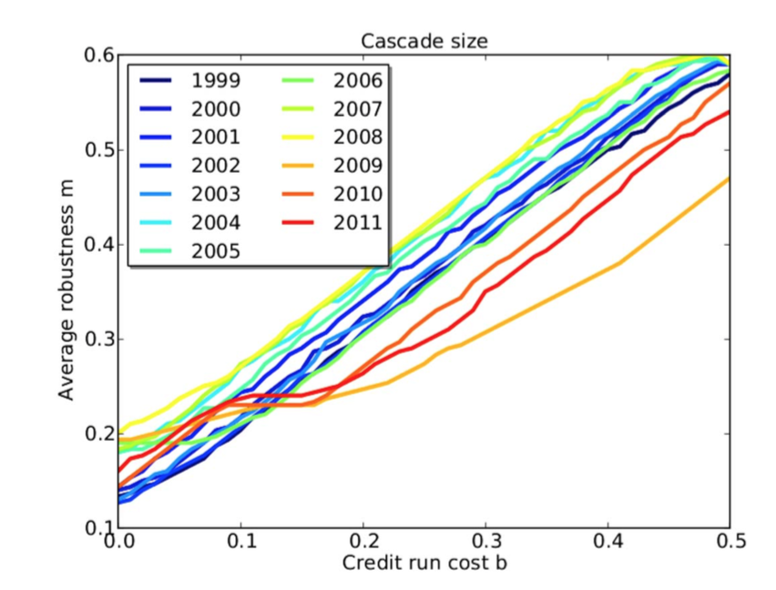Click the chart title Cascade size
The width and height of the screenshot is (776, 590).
[x=423, y=40]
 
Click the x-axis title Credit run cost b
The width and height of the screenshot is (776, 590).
[x=424, y=563]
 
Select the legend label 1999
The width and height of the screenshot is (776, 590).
[x=216, y=81]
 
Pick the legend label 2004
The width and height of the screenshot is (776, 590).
[x=216, y=223]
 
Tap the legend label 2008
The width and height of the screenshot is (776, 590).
[x=358, y=137]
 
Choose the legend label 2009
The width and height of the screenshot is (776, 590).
[x=358, y=166]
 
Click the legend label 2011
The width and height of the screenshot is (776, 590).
[x=358, y=222]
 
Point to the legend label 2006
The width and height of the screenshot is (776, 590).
[x=358, y=81]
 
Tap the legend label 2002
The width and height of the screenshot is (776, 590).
[x=216, y=166]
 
